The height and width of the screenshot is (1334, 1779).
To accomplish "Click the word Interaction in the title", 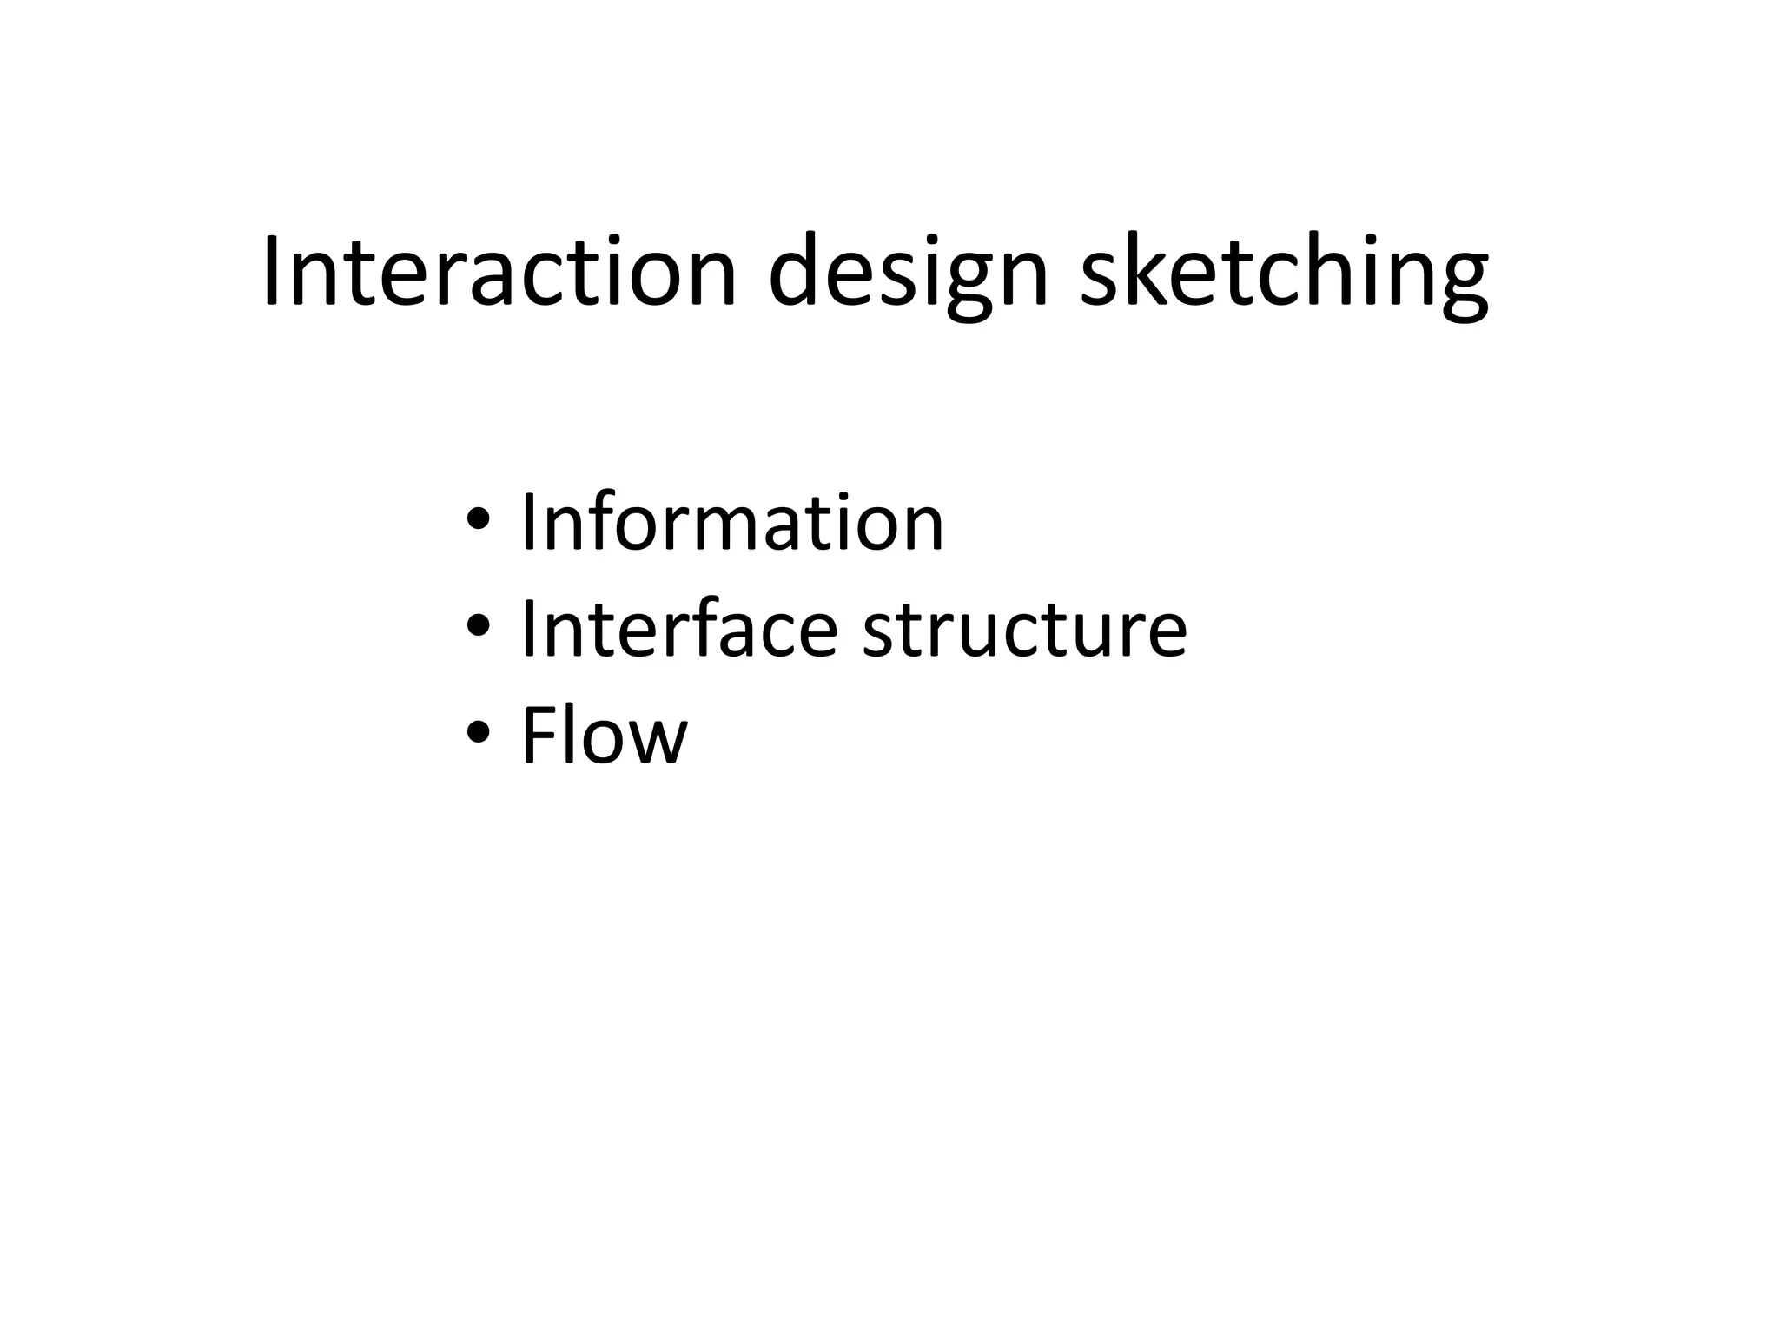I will (x=499, y=271).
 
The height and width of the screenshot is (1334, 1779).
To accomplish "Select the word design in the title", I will (x=909, y=271).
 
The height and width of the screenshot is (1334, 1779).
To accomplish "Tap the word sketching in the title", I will (x=1284, y=271).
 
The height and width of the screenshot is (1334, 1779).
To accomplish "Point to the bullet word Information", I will (x=731, y=523).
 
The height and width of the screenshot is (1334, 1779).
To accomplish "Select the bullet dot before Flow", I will (x=479, y=735).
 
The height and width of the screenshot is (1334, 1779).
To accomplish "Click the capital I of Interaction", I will (x=272, y=271).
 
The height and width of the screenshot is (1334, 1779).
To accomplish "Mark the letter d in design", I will (x=798, y=271).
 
